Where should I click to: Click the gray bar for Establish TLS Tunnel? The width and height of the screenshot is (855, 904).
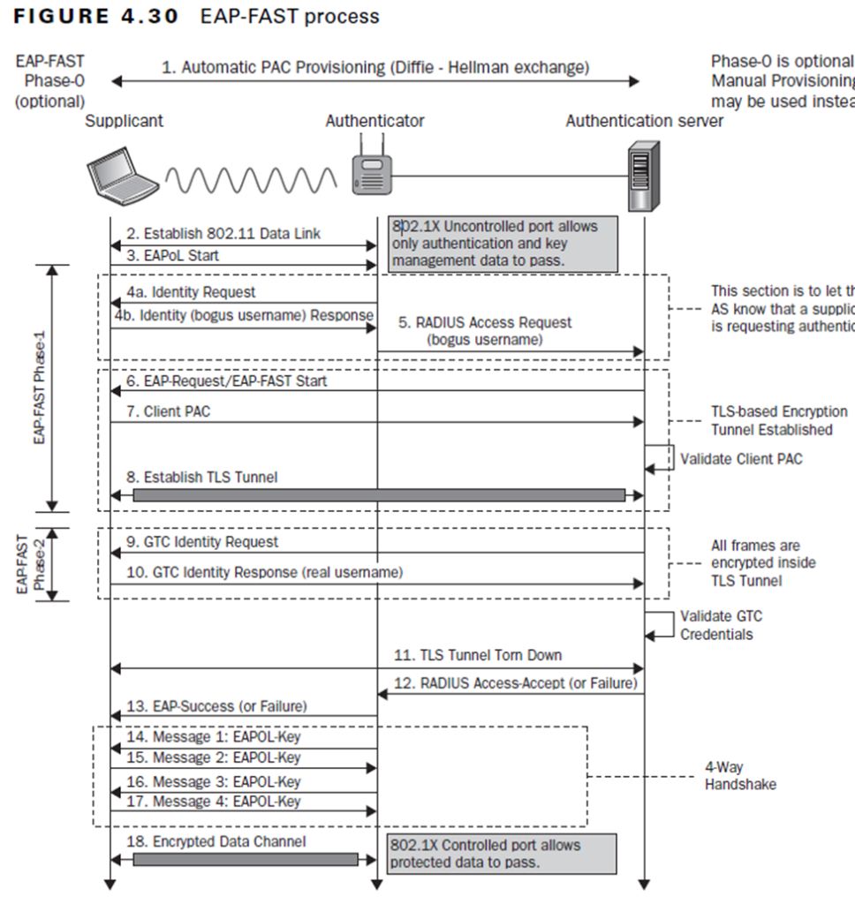(x=379, y=496)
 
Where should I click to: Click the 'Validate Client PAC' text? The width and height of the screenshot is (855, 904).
(x=741, y=459)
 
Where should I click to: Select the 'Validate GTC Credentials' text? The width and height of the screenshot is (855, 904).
(x=722, y=625)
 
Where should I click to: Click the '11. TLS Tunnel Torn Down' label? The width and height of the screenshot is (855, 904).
(x=478, y=656)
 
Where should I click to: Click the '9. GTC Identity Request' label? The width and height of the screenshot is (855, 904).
(x=202, y=542)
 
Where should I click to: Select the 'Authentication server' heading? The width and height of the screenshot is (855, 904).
(x=644, y=121)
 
